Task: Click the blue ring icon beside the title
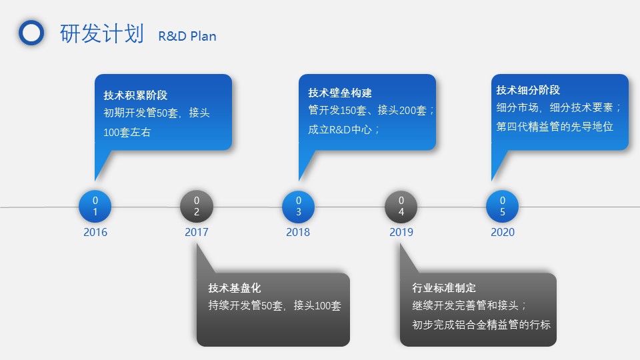(21, 33)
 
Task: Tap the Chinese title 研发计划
(101, 33)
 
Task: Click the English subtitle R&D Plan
(187, 36)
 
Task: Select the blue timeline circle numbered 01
(95, 207)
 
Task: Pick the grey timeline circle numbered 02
(197, 207)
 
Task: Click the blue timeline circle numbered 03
(299, 207)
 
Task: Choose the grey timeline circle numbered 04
(401, 207)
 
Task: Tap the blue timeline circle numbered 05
(503, 207)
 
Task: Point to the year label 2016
(95, 232)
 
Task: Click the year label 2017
(196, 232)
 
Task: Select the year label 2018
(298, 232)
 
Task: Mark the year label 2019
(401, 232)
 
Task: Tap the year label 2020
(503, 232)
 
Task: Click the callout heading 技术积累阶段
(135, 95)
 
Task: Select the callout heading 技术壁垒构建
(340, 93)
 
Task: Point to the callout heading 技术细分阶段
(528, 90)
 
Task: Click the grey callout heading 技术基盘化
(234, 288)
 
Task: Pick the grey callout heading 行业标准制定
(444, 288)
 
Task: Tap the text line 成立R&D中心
(343, 130)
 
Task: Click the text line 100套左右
(127, 132)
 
